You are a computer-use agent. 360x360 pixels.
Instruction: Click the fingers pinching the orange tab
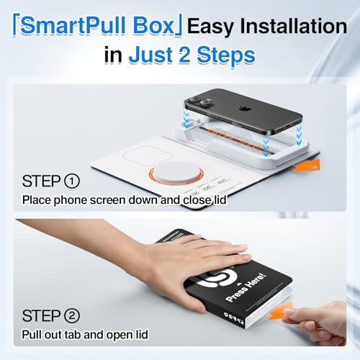tap(317, 317)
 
